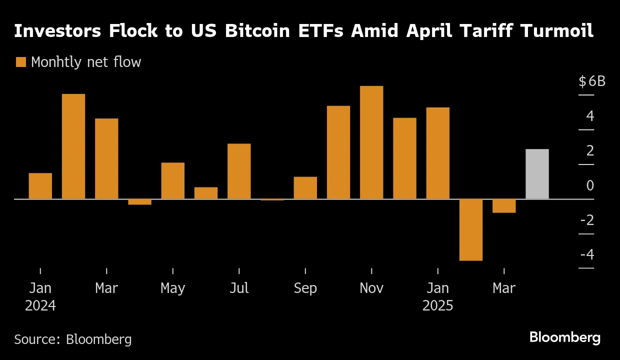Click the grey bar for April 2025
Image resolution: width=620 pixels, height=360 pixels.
point(537,174)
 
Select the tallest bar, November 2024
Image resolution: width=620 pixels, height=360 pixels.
point(371,142)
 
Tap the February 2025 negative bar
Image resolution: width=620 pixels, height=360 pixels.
point(470,229)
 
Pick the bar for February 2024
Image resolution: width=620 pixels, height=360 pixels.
point(73,146)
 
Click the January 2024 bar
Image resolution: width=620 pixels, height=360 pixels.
point(40,186)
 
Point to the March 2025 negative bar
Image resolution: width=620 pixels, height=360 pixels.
point(504,205)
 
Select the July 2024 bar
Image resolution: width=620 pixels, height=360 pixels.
point(239,171)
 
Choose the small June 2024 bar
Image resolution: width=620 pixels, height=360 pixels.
point(206,193)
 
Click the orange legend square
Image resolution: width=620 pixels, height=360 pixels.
point(20,62)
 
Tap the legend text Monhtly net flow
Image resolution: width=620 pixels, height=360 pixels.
point(86,62)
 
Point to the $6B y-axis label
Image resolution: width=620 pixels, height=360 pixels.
point(591,81)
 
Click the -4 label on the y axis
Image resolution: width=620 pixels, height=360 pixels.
point(587,254)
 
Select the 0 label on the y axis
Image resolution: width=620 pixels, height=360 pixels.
point(590,185)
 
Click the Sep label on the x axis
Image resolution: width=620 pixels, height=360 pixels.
point(305,288)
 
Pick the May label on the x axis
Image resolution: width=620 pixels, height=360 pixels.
point(172,288)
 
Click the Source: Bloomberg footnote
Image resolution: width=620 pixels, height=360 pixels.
point(73,339)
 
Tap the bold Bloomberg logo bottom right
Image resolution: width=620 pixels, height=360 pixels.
point(565,337)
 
